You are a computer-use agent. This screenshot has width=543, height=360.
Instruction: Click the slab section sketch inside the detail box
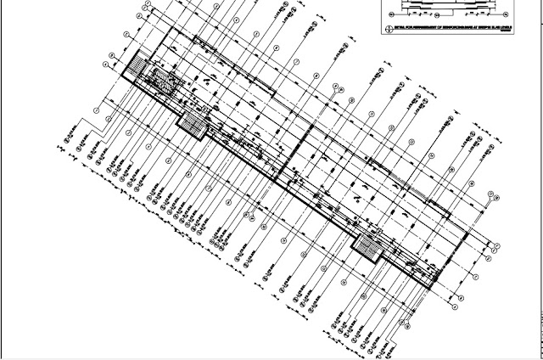450,4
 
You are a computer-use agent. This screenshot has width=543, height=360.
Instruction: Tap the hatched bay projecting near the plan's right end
368,247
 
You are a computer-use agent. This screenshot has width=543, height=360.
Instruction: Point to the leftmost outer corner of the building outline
120,76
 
